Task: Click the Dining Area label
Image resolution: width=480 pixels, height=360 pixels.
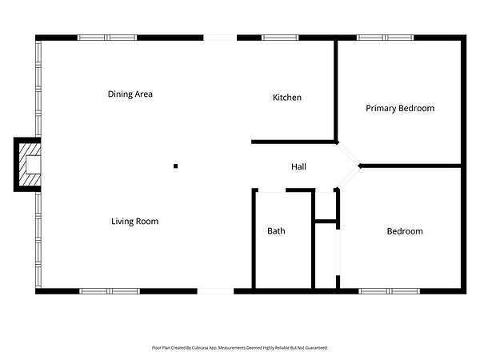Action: pyautogui.click(x=130, y=94)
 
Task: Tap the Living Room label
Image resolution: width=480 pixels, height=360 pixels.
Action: pyautogui.click(x=134, y=222)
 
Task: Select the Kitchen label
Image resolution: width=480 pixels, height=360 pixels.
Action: pyautogui.click(x=287, y=98)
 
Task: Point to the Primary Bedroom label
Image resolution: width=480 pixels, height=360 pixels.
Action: pyautogui.click(x=400, y=108)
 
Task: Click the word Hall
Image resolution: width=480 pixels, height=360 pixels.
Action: pyautogui.click(x=298, y=166)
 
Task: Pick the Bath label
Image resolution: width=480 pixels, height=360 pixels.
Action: pyautogui.click(x=276, y=231)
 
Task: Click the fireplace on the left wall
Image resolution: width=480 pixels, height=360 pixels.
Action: pyautogui.click(x=27, y=165)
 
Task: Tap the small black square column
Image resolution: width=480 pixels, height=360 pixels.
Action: pyautogui.click(x=176, y=166)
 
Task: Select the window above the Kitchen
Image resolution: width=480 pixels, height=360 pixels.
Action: pyautogui.click(x=280, y=38)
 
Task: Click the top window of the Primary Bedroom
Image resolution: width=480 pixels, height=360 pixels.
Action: pyautogui.click(x=385, y=38)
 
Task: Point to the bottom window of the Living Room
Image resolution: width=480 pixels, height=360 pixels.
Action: pyautogui.click(x=110, y=291)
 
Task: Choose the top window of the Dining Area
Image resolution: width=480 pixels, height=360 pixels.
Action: pyautogui.click(x=107, y=38)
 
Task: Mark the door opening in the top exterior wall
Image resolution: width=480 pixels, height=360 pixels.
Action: pyautogui.click(x=220, y=38)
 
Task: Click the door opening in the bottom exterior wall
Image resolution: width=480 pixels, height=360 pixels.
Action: pyautogui.click(x=215, y=291)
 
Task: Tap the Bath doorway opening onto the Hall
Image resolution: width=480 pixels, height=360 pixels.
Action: pyautogui.click(x=272, y=190)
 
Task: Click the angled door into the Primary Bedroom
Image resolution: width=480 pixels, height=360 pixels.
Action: pyautogui.click(x=348, y=154)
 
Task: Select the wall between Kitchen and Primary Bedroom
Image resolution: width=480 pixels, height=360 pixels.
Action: pyautogui.click(x=336, y=91)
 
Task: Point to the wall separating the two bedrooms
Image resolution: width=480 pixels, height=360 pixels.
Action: pyautogui.click(x=410, y=166)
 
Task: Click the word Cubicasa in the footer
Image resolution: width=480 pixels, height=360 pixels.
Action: pyautogui.click(x=200, y=348)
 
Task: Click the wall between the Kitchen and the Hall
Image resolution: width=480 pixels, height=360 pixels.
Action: pyautogui.click(x=294, y=142)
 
